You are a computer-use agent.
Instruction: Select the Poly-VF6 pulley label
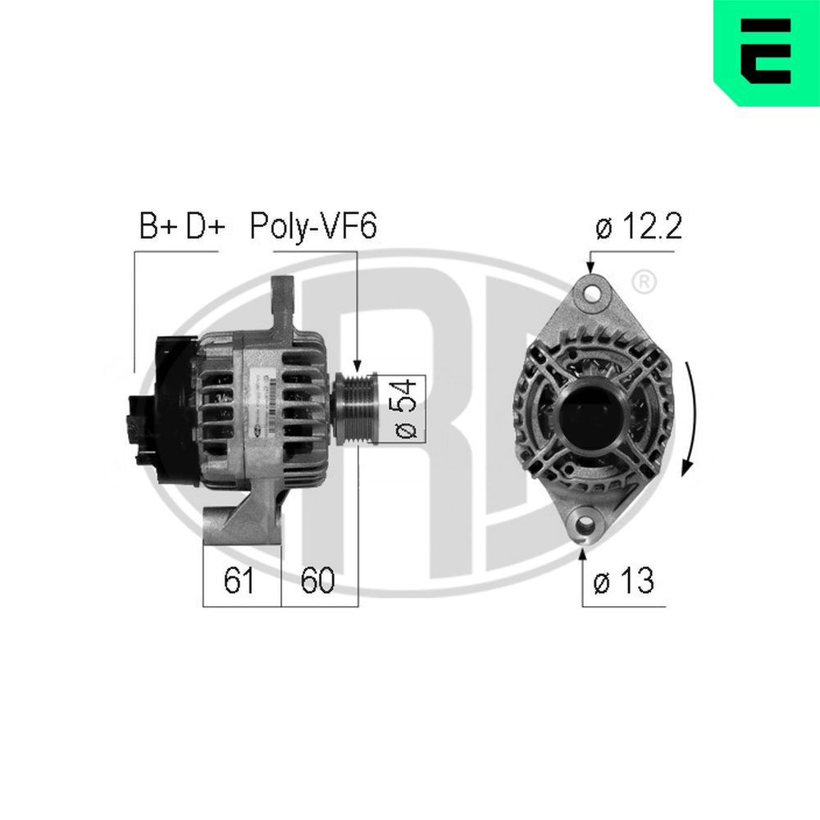[x=313, y=226]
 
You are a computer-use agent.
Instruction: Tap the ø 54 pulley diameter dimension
[x=410, y=408]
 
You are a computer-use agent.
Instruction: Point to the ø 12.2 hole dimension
[x=639, y=227]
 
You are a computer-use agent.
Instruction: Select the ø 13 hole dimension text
[x=625, y=581]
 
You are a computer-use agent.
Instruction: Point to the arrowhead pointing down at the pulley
[x=357, y=365]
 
